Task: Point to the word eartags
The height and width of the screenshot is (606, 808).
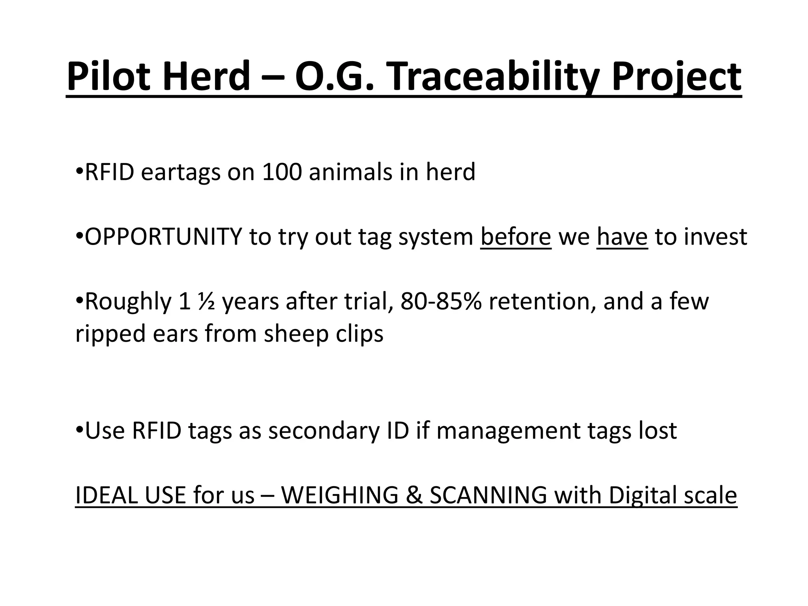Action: pos(180,172)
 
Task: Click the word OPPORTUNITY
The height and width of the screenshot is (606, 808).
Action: pos(163,237)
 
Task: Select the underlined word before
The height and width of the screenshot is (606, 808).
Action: pos(516,237)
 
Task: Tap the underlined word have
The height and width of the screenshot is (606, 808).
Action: pos(622,237)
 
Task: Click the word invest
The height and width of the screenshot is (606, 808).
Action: pos(715,237)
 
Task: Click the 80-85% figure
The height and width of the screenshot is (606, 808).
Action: pos(441,301)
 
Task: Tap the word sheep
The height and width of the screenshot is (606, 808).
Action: pos(296,334)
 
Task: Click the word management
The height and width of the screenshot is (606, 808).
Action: pos(508,430)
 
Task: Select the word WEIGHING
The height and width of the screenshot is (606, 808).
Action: pos(339,495)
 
